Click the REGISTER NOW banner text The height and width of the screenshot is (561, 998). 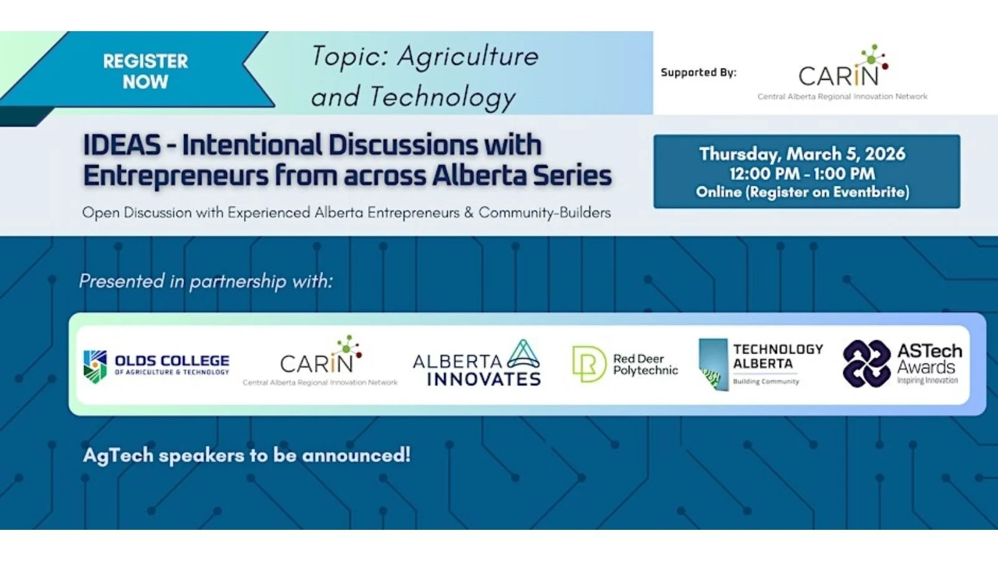coord(145,71)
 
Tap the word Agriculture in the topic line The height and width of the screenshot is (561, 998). coord(468,57)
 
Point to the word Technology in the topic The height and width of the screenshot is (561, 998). coord(442,97)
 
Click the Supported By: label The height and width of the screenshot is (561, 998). coord(698,72)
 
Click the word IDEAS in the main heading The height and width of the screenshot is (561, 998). coord(122,145)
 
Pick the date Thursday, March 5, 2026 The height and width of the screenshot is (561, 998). coord(802,154)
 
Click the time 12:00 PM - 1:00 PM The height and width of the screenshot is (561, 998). coord(802,173)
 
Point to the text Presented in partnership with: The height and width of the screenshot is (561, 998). coord(206,281)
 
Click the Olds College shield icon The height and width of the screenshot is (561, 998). coord(95,366)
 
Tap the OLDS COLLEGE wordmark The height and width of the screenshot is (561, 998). coord(172,361)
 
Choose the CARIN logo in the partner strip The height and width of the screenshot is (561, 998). coord(320,362)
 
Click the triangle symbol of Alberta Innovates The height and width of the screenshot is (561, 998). coord(523,354)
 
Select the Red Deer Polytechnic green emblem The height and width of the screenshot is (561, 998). coord(588,364)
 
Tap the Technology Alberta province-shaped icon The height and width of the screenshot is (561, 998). coord(713,365)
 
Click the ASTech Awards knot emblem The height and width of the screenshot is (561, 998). coord(866,364)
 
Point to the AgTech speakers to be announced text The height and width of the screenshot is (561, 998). coord(246,455)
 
